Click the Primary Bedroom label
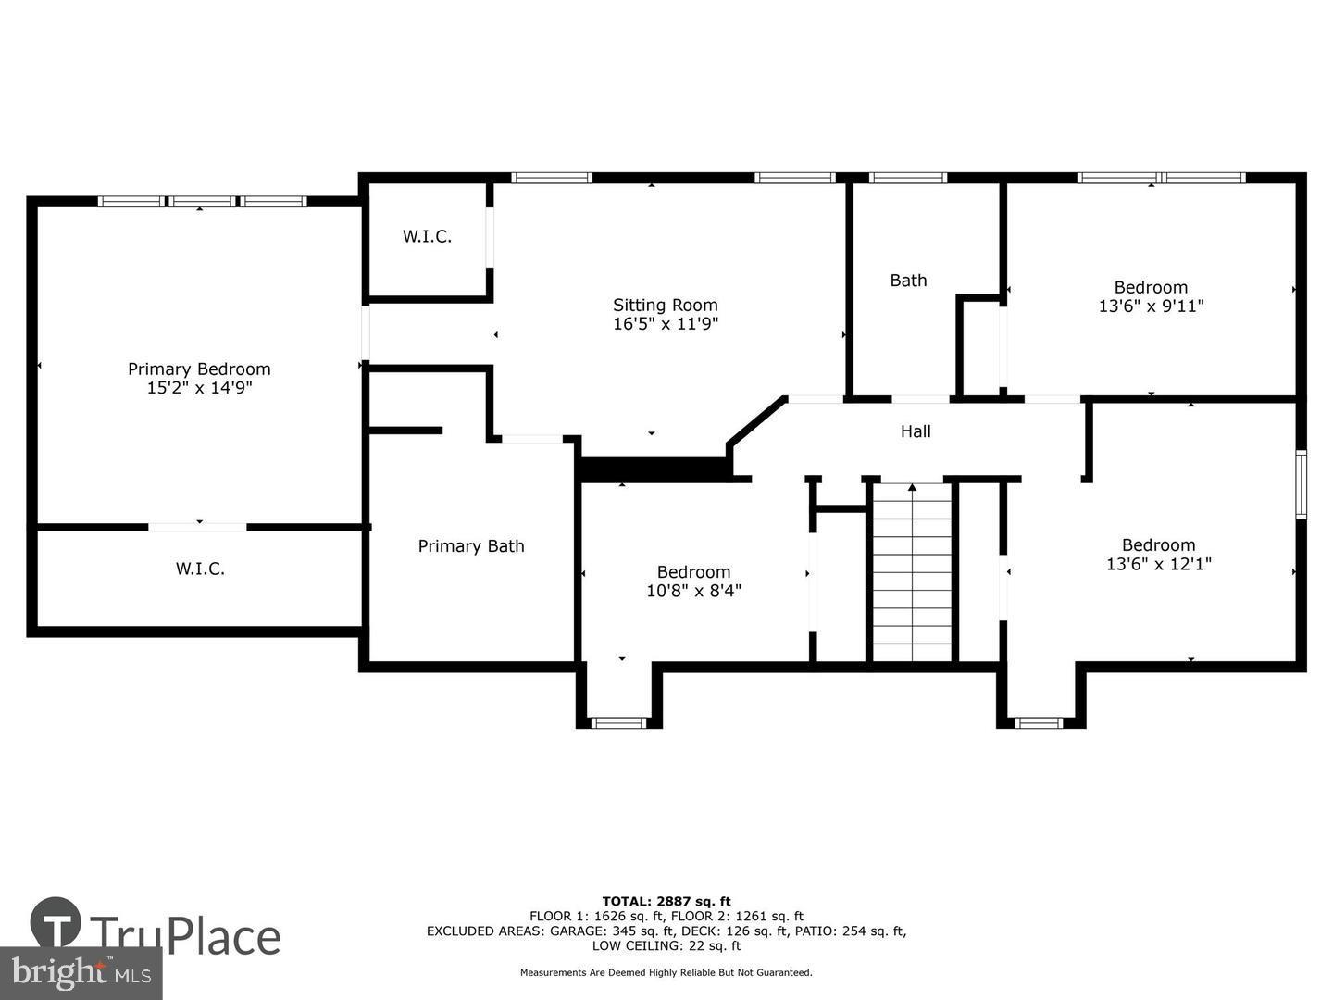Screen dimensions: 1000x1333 coord(199,369)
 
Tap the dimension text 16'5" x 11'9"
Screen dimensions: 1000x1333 coord(665,324)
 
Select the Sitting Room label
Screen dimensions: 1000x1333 coord(665,305)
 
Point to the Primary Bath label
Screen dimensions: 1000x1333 coord(470,546)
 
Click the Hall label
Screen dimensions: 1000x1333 coord(916,431)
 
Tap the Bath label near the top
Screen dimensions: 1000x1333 coord(908,281)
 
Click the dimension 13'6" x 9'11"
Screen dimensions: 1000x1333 coord(1151,306)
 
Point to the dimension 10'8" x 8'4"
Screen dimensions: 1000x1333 coord(693,591)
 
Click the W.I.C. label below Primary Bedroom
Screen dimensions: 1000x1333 coord(200,569)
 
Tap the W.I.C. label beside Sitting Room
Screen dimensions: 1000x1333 coord(427,236)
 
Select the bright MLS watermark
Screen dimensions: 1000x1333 coord(81,973)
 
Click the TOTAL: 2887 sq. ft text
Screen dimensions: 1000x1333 coord(666,901)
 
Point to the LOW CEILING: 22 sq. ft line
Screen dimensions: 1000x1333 coord(666,945)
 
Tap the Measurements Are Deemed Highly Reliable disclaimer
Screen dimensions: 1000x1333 coord(666,972)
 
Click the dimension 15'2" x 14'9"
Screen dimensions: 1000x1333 coord(199,388)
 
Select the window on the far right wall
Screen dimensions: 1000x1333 coord(1301,483)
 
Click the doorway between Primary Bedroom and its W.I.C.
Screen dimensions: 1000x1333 coord(198,527)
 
